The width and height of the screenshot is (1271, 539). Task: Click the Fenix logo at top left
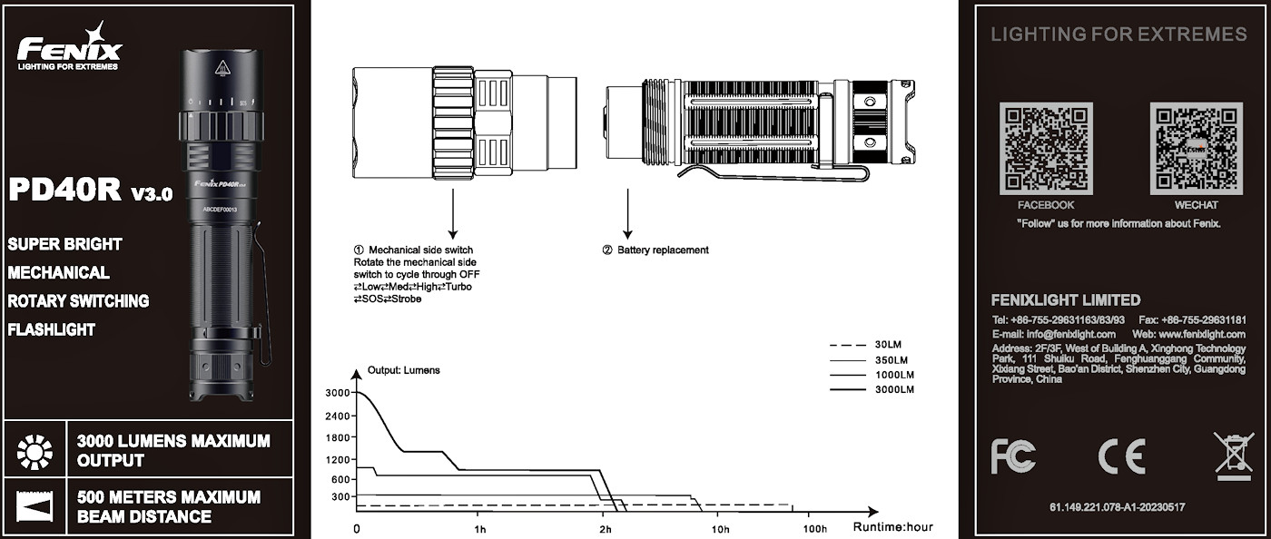tap(69, 47)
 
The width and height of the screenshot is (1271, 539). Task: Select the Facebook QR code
tap(1045, 148)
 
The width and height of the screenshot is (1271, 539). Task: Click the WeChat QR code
tap(1195, 148)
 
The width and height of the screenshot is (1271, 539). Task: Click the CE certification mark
tap(1121, 456)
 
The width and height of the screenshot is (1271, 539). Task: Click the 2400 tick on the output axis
tap(338, 416)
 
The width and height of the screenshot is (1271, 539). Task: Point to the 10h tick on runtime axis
tap(720, 528)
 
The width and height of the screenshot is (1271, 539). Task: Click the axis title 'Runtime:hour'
tap(892, 527)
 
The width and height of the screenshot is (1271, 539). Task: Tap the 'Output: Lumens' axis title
tap(403, 371)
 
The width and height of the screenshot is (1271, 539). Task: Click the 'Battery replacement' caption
tap(662, 250)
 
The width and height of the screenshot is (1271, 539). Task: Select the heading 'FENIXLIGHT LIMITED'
tap(1066, 300)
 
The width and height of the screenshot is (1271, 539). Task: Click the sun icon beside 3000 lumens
tap(34, 450)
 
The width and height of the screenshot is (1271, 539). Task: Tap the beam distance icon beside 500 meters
tap(34, 506)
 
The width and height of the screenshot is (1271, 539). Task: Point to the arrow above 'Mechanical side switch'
tap(451, 214)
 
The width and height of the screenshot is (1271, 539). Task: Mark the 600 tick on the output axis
tap(340, 479)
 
